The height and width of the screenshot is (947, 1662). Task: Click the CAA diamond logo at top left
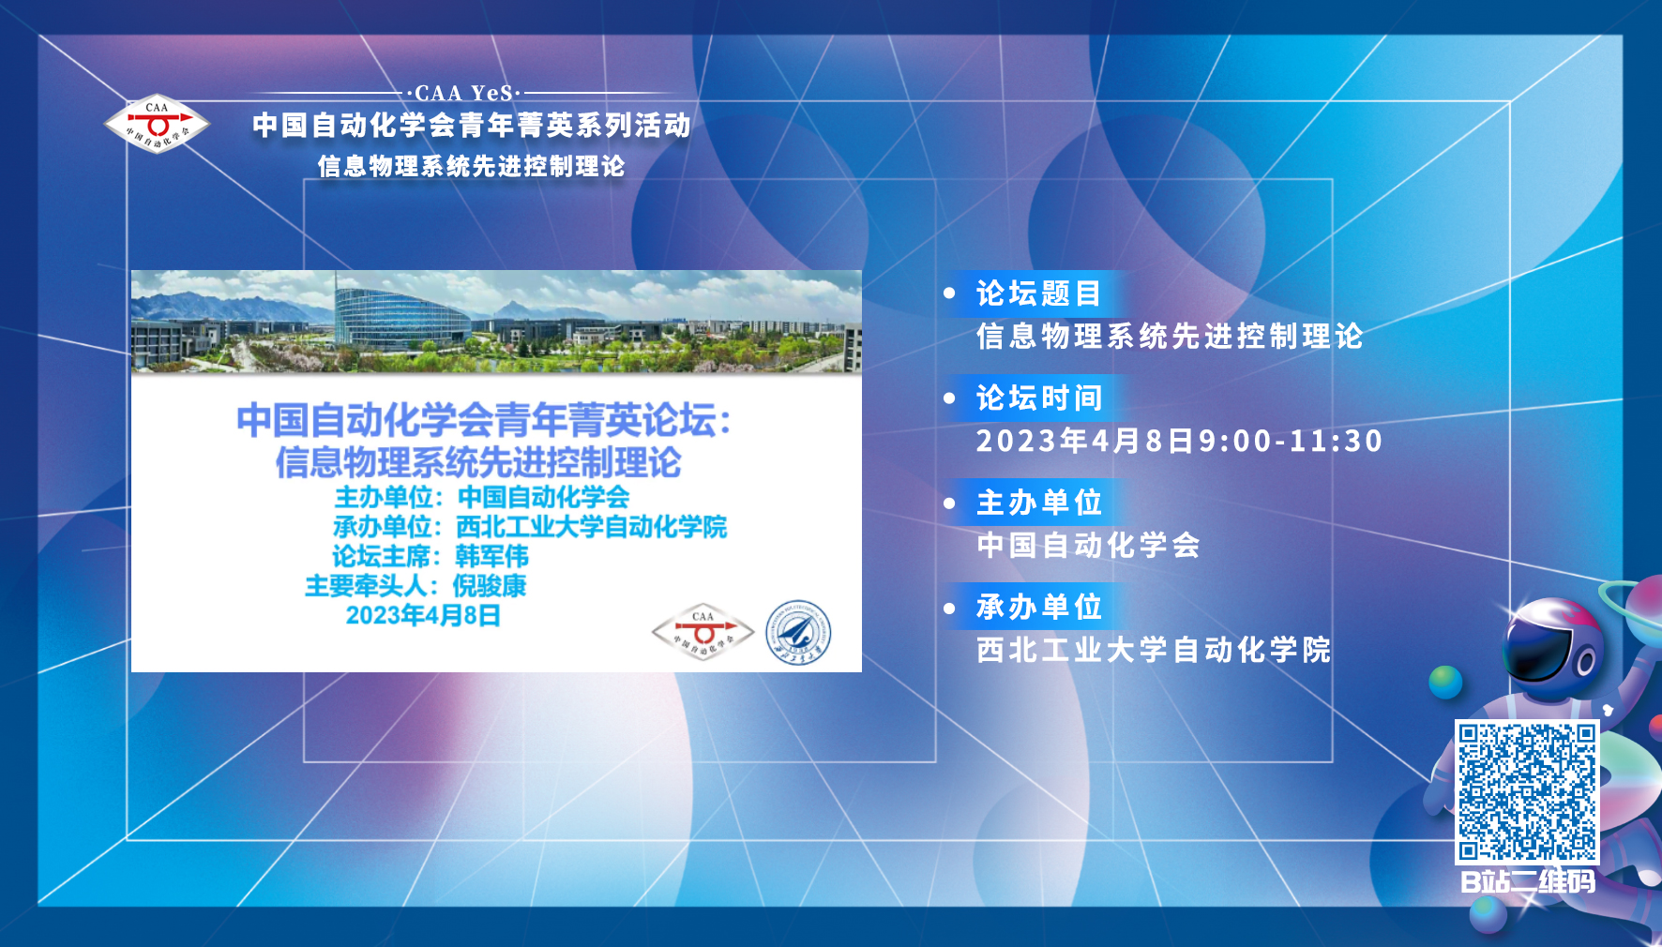coord(157,124)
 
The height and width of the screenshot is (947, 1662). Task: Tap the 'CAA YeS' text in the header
coord(465,93)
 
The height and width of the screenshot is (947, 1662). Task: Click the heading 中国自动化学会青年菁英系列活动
coord(472,125)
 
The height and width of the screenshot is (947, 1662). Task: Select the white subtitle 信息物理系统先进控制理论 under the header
coord(471,166)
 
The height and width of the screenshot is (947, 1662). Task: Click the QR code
coord(1527,791)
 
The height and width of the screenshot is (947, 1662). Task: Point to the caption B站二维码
coord(1528,881)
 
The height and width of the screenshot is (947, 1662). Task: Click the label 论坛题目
coord(1038,293)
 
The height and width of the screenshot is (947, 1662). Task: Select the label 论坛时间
coord(1038,398)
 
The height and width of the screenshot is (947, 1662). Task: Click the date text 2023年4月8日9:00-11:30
coord(1179,441)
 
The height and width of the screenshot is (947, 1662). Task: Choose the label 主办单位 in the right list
coord(1038,503)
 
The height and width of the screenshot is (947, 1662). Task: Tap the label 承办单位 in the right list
coord(1038,607)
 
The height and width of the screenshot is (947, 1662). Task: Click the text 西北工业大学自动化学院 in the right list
coord(1154,650)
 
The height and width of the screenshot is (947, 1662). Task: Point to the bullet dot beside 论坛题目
coord(949,293)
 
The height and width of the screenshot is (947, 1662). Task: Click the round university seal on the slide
coord(798,633)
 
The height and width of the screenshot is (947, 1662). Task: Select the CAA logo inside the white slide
coord(703,631)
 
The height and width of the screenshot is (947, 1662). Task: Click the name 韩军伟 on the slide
coord(491,556)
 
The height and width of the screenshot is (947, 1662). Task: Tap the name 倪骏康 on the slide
coord(490,586)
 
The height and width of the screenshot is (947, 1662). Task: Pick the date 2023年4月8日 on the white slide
coord(423,615)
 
